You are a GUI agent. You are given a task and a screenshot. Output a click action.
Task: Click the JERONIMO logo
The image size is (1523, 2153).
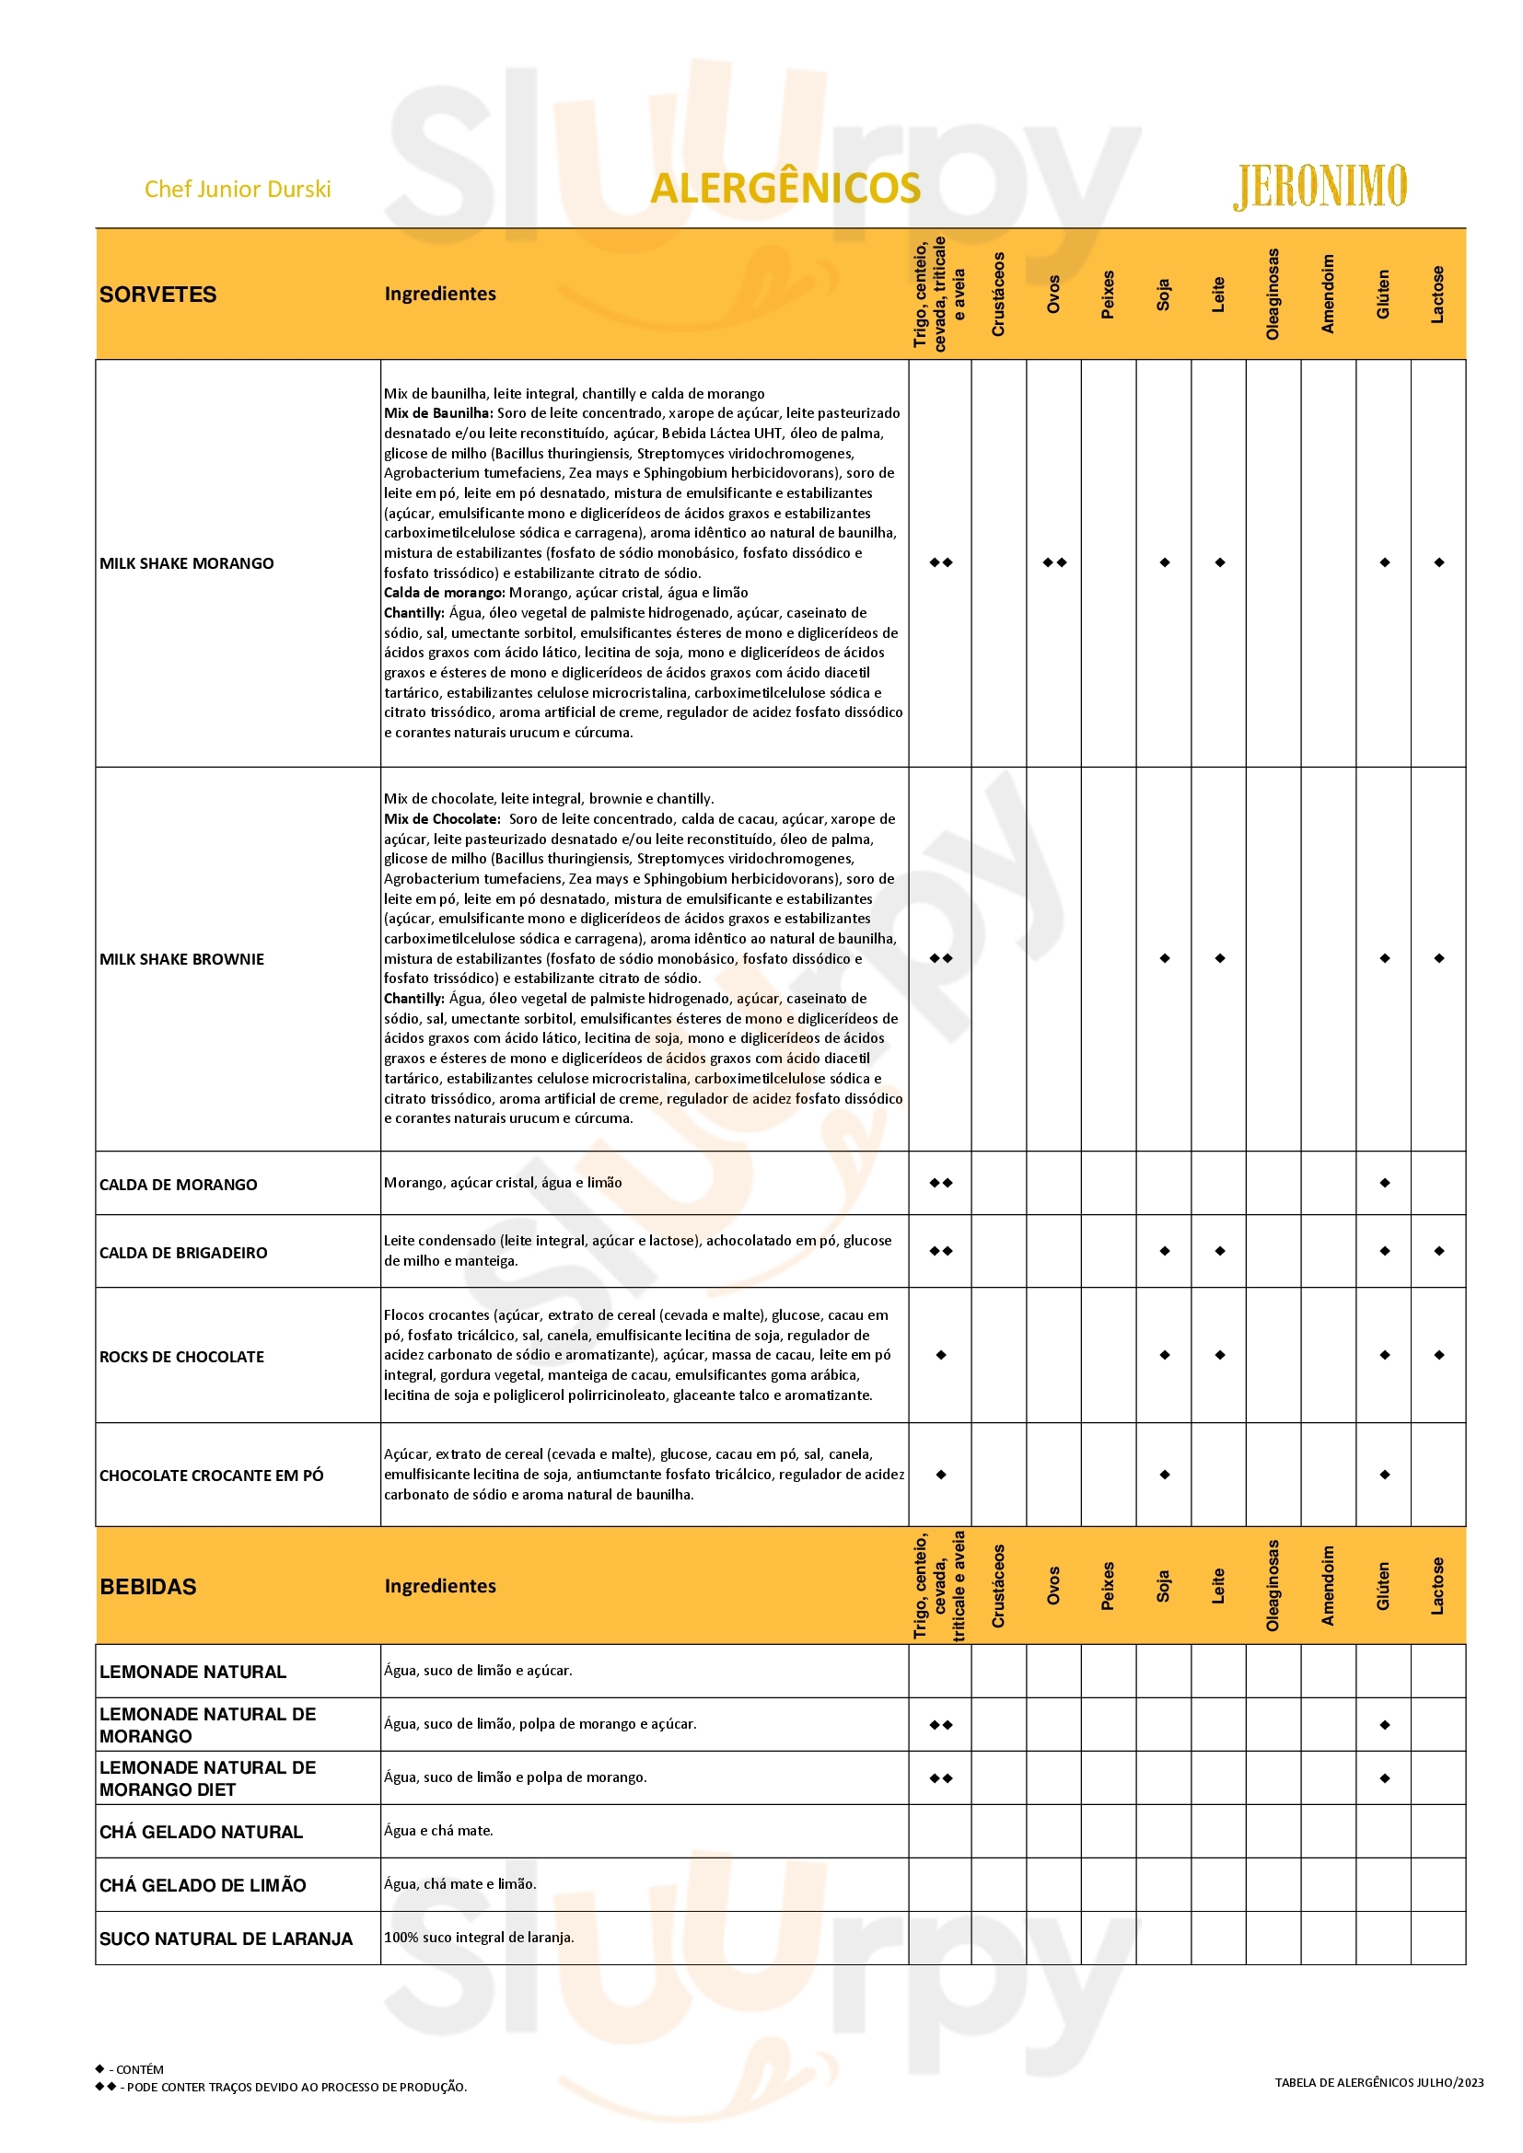pos(1320,187)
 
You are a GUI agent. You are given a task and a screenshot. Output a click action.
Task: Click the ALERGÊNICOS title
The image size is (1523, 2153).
pos(785,189)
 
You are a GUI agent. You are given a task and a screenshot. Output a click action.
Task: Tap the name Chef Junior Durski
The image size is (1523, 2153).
pos(238,190)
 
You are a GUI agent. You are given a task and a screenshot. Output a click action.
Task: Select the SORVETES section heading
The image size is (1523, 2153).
pos(157,295)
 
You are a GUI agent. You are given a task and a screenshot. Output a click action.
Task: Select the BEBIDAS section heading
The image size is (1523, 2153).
pos(148,1587)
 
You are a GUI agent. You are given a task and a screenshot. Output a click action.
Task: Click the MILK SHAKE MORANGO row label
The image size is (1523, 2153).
pos(187,563)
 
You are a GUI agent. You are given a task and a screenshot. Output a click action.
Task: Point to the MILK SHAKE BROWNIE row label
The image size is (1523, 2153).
pos(182,959)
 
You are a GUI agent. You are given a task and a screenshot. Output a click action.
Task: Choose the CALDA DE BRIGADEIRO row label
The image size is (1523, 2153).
pos(183,1253)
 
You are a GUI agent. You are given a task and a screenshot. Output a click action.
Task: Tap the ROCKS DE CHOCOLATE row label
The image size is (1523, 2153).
pos(182,1357)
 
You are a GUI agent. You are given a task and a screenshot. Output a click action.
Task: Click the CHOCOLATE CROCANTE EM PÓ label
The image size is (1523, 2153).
pos(211,1476)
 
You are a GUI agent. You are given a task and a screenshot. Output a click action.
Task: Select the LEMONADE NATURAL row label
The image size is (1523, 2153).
pos(192,1672)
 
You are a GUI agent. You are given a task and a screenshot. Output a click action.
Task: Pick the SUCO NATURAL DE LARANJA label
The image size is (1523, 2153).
pos(226,1939)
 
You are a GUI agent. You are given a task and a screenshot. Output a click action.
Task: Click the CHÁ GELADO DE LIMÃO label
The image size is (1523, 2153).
pos(203,1886)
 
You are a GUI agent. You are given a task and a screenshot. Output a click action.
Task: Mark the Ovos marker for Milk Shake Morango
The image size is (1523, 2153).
pos(1054,562)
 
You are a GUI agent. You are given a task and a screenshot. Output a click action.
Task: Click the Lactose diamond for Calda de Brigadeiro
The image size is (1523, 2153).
pos(1438,1251)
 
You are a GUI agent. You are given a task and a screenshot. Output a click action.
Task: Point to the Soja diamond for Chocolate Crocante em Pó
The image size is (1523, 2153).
pos(1164,1475)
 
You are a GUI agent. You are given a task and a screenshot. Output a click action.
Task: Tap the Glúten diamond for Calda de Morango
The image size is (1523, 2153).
pos(1384,1183)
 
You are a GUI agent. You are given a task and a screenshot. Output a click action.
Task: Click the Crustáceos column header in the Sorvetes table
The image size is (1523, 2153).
pos(999,295)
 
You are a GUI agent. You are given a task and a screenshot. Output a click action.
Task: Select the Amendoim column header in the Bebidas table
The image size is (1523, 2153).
pos(1328,1586)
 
